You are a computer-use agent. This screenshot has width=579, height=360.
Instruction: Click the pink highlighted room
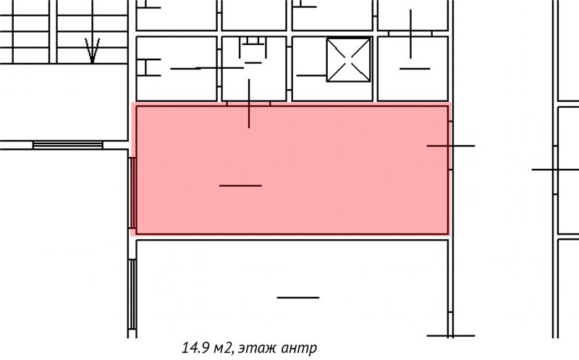tap(292, 170)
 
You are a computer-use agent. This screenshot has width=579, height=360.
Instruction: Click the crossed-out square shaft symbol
tap(348, 60)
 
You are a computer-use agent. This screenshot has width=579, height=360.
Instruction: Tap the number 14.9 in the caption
tap(194, 348)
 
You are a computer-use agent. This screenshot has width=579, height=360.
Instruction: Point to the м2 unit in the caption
tap(221, 348)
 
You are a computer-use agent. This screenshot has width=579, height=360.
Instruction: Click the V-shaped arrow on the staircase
tap(93, 51)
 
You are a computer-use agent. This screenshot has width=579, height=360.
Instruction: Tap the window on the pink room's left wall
tap(132, 193)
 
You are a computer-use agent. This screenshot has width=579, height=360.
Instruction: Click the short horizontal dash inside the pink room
tap(240, 185)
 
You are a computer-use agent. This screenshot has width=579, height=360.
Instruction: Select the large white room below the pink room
tap(292, 289)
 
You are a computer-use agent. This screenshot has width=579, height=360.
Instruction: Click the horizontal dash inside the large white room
tap(298, 298)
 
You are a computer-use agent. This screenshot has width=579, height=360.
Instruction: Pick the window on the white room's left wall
tap(132, 294)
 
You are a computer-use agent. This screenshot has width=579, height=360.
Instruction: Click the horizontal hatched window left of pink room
tap(67, 145)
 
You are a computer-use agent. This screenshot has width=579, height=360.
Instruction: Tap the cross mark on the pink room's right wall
tap(450, 146)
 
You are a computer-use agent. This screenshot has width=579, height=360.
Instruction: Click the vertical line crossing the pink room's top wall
tap(249, 104)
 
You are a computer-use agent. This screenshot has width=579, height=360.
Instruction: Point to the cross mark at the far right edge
tap(555, 169)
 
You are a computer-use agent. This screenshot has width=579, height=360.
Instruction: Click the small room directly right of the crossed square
tap(413, 68)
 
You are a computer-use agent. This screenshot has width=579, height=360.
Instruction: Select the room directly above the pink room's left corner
tap(177, 68)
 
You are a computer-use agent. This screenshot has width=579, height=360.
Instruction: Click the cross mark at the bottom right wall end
tap(450, 335)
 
